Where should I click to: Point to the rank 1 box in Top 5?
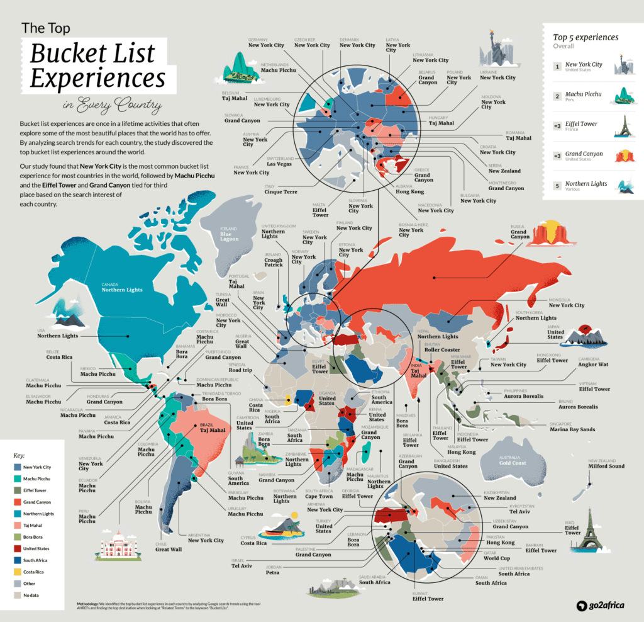tap(557, 66)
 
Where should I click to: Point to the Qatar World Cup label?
tap(496, 558)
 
